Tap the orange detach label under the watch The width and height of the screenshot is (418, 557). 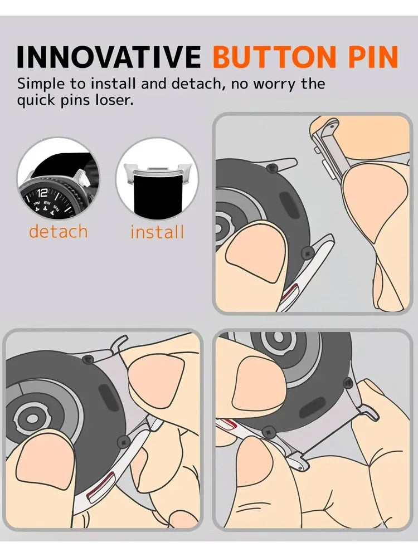[59, 231]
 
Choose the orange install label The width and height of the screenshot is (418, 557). [157, 232]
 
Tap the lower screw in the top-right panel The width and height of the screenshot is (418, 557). [306, 254]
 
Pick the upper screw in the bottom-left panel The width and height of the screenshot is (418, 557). [87, 360]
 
